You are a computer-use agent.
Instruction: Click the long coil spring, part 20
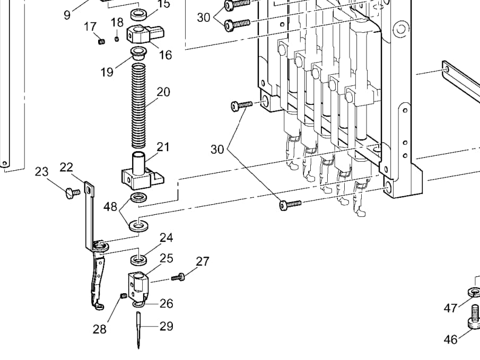[x=138, y=106]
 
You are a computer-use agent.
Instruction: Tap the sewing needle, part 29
[x=138, y=330]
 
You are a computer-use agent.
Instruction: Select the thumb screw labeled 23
[x=73, y=193]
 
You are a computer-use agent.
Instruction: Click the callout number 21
[x=163, y=147]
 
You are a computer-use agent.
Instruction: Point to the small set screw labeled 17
[x=102, y=41]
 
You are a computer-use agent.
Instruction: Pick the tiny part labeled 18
[x=116, y=39]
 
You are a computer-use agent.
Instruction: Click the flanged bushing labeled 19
[x=138, y=54]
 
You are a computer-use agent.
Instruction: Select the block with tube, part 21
[x=142, y=171]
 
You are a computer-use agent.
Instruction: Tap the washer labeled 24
[x=138, y=260]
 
